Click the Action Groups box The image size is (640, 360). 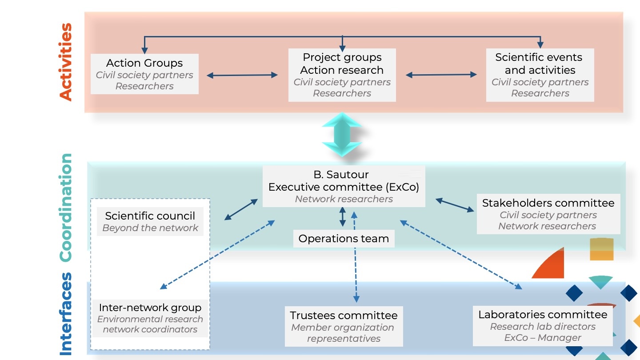point(144,74)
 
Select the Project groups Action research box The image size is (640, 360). point(342,75)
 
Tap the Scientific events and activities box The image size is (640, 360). point(540,75)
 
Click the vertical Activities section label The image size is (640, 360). point(66,62)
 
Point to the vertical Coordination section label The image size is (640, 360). point(66,207)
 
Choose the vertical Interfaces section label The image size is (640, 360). point(66,314)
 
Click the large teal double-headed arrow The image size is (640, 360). point(342,134)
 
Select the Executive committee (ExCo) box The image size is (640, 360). point(344,187)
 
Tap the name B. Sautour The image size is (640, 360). point(344,175)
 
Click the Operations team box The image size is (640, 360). point(344,239)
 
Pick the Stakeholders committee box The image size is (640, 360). point(548,214)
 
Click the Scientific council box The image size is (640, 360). point(150,221)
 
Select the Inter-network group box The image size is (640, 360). point(150,318)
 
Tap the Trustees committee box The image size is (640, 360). point(344,326)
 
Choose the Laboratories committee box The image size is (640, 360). point(542,325)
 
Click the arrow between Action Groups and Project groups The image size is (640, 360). point(243,76)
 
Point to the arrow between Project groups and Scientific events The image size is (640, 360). point(441,75)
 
